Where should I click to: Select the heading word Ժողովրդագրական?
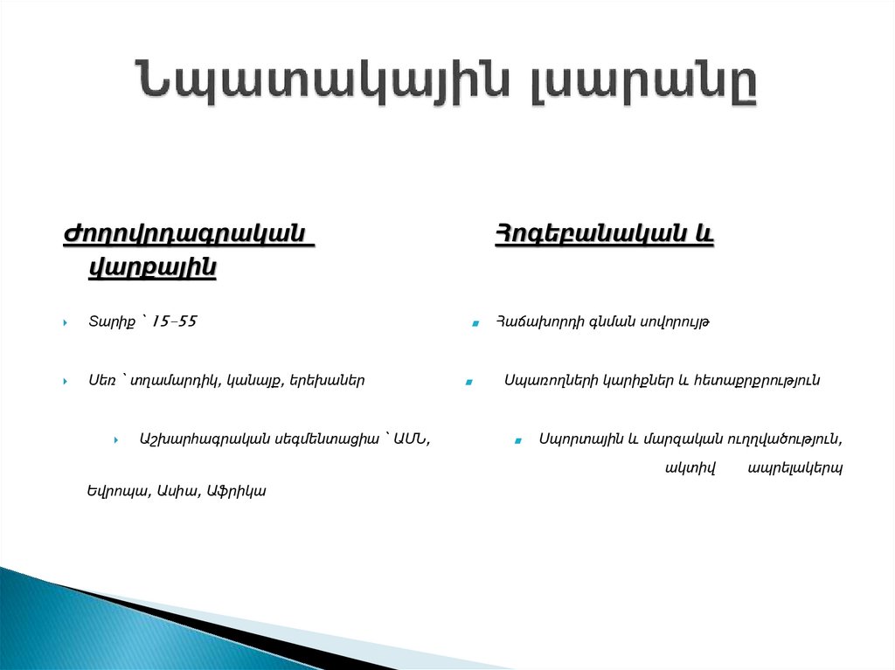(x=187, y=235)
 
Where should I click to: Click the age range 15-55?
(x=174, y=322)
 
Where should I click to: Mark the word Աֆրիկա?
(x=236, y=491)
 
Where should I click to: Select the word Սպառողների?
(x=552, y=381)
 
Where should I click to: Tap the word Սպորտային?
(x=576, y=439)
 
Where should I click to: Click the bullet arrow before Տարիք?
(x=66, y=324)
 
